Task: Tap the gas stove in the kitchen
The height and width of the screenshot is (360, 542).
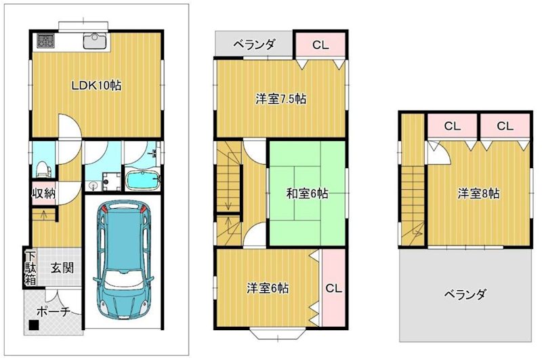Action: pyautogui.click(x=45, y=41)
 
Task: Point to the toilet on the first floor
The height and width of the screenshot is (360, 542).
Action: pyautogui.click(x=42, y=166)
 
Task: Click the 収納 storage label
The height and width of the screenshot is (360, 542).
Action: pyautogui.click(x=43, y=193)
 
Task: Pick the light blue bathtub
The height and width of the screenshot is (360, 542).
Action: pyautogui.click(x=142, y=181)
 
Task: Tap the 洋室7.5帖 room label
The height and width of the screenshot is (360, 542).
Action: pyautogui.click(x=280, y=99)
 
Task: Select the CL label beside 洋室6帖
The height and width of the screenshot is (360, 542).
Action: pyautogui.click(x=333, y=287)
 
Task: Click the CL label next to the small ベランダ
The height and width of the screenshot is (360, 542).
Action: pyautogui.click(x=320, y=45)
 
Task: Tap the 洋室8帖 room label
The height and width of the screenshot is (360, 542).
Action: pyautogui.click(x=478, y=194)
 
